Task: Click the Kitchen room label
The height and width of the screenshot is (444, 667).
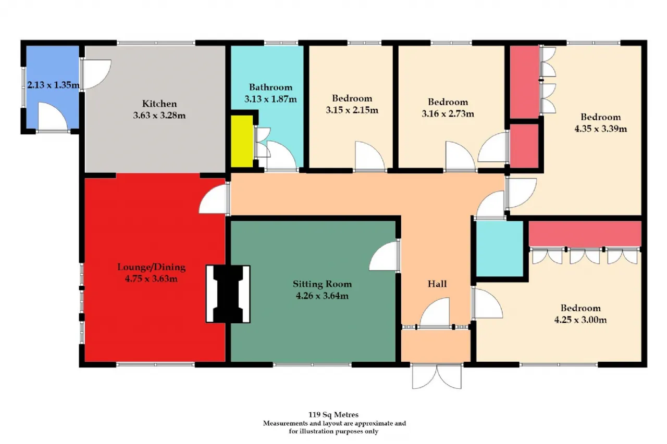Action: (159, 104)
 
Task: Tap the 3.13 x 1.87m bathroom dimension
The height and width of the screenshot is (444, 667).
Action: (270, 99)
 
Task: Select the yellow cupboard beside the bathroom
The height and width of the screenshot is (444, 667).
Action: (242, 141)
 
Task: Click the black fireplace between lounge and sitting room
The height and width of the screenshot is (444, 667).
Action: (228, 294)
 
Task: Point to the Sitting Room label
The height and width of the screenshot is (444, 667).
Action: (322, 284)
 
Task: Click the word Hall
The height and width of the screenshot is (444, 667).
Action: (437, 284)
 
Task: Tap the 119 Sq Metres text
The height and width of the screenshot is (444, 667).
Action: (333, 414)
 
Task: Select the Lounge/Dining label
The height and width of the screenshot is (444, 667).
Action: (151, 267)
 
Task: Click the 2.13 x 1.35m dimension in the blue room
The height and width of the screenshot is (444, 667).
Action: (53, 85)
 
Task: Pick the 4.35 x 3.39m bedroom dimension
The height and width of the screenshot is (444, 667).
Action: (601, 129)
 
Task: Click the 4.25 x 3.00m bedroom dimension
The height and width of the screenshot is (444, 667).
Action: (580, 320)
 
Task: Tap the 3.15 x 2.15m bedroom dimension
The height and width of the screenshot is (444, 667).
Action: (352, 110)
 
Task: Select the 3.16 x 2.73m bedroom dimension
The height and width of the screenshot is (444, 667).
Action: (448, 113)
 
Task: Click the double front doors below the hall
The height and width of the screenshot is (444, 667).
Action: (437, 376)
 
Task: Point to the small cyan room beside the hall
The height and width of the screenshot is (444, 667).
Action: (499, 249)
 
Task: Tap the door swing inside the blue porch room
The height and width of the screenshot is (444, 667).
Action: (53, 117)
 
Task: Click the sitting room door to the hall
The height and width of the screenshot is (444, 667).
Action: (385, 256)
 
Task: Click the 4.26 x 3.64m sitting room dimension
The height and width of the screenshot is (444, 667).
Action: (322, 296)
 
